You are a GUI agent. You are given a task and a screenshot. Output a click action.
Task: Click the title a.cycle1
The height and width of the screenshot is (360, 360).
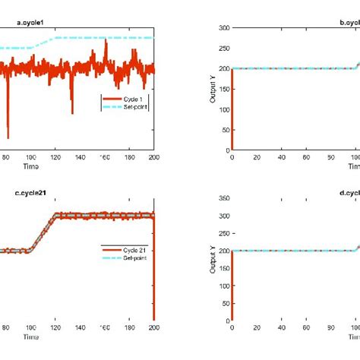point(30,22)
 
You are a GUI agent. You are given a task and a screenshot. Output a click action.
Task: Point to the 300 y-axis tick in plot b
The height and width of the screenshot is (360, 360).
point(223,28)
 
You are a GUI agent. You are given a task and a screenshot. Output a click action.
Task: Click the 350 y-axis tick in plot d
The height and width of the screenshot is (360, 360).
point(223,198)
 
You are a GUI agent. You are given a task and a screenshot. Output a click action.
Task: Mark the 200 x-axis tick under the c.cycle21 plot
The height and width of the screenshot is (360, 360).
point(153,328)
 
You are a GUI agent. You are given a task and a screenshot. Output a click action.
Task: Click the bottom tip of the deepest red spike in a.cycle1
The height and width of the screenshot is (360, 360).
point(8,138)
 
